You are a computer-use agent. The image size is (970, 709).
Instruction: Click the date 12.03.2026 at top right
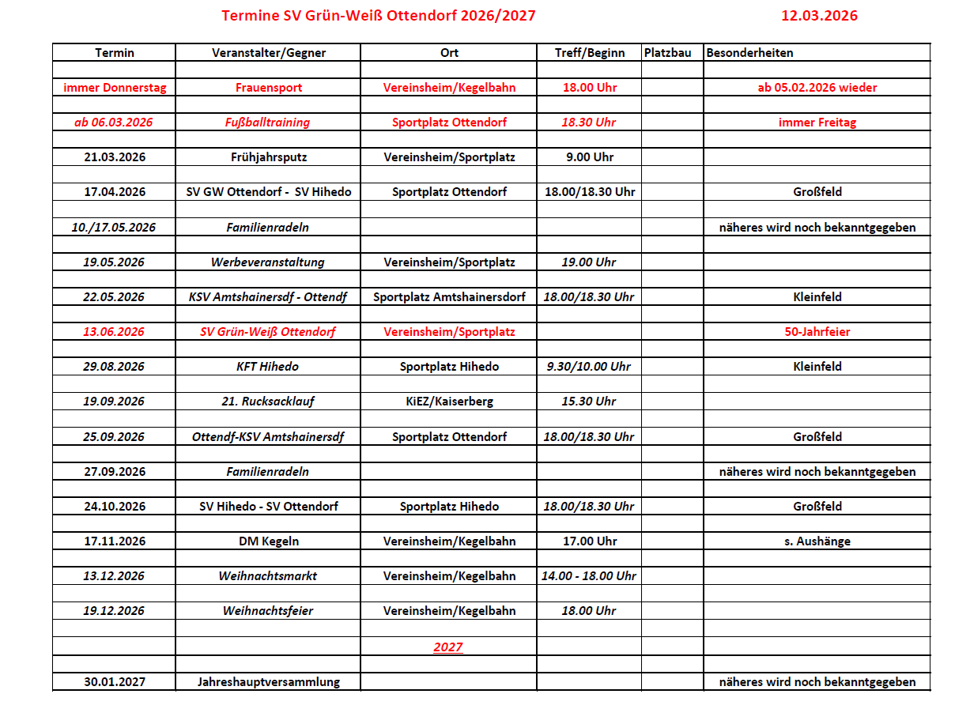tap(819, 16)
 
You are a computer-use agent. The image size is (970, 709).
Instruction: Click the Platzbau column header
tap(668, 53)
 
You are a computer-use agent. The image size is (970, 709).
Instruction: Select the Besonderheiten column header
tap(749, 53)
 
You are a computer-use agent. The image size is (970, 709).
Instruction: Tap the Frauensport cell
tap(269, 88)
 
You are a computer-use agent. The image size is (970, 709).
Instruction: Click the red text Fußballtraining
tap(269, 123)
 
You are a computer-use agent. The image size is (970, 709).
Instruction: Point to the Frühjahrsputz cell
tap(269, 157)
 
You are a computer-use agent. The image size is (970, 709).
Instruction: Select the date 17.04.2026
tap(115, 192)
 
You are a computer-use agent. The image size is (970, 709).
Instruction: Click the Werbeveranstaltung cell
tap(268, 262)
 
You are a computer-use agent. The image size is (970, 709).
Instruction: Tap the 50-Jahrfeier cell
tap(817, 332)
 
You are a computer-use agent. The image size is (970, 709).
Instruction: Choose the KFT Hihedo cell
tap(268, 367)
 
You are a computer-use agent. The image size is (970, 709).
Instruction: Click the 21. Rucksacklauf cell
tap(268, 402)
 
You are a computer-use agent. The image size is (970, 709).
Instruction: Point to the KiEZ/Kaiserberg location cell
tap(449, 402)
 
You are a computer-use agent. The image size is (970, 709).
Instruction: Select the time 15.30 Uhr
tap(589, 402)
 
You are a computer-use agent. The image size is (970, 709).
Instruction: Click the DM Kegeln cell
tap(269, 541)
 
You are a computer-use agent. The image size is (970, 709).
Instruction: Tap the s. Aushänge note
tap(817, 541)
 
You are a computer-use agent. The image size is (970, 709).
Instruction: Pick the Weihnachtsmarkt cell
tap(268, 576)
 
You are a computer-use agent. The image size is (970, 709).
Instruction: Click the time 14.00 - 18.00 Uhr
tap(589, 576)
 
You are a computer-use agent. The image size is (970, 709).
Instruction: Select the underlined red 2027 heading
tap(448, 647)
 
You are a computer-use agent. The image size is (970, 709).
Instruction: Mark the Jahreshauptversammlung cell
tap(269, 682)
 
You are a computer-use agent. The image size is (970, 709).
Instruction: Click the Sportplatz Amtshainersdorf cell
tap(449, 297)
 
